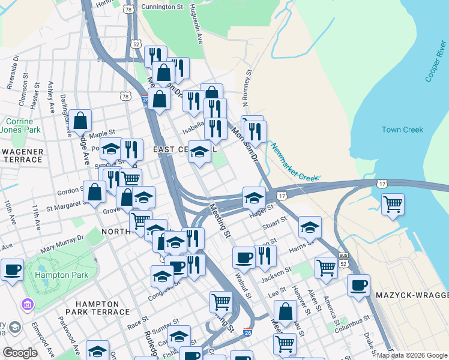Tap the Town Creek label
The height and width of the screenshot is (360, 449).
coord(402,130)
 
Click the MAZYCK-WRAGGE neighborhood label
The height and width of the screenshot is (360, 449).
coord(412,296)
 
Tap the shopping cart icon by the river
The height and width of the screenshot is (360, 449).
coord(393,204)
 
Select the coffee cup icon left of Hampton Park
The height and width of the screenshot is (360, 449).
coord(13,269)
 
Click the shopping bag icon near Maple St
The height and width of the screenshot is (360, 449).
coord(80,121)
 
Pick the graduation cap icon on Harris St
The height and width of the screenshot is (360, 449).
coord(310,227)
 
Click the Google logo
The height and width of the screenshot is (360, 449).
coord(20,352)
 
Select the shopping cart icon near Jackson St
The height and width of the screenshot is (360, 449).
coord(326,268)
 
